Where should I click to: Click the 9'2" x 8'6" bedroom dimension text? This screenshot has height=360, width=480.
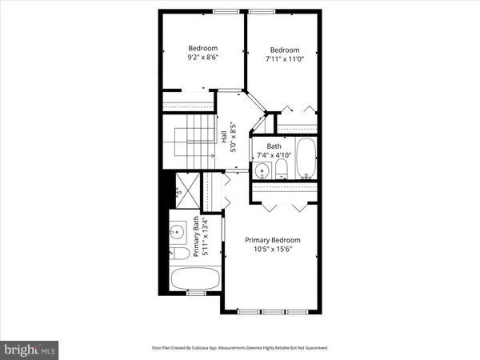coord(203,58)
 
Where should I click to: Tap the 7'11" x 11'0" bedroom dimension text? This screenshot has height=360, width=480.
coord(284,58)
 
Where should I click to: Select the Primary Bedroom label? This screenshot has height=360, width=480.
coord(272,240)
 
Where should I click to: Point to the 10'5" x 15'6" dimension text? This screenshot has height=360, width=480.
coord(272,250)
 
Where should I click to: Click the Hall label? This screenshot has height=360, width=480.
coord(222,137)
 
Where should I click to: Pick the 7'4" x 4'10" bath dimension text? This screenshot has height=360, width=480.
coord(274,154)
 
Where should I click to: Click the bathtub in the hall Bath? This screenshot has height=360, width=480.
coord(306,159)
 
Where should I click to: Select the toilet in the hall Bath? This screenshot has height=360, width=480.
coord(281,169)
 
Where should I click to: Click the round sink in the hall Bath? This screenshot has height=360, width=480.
coord(262,170)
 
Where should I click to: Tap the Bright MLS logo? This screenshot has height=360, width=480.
coord(30,350)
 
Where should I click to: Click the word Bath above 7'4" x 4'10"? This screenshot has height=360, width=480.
coord(274,146)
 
